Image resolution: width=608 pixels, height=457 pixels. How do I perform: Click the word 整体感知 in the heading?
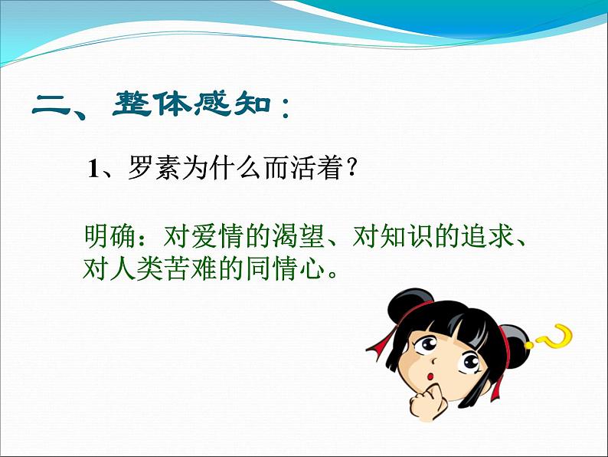(191, 104)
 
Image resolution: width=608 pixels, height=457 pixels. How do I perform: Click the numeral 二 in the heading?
(51, 105)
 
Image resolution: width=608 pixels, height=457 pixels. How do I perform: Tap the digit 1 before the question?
(93, 169)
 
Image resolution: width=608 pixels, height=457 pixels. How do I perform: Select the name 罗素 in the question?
(154, 168)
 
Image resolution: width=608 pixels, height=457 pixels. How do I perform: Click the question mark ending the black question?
(351, 167)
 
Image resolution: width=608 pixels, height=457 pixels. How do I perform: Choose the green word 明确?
(110, 236)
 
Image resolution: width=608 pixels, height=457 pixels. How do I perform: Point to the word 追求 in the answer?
(487, 236)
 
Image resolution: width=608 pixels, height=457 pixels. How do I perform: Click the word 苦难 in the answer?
(191, 268)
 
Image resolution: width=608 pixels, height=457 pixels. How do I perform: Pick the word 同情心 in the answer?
(286, 268)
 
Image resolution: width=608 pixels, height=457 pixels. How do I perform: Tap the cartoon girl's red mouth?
(431, 376)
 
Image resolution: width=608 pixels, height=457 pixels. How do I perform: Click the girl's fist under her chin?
(426, 403)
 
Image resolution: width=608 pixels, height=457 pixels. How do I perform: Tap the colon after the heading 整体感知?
(286, 107)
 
